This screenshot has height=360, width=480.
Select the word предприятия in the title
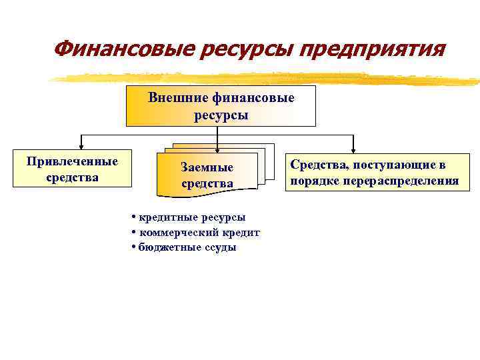click(370, 49)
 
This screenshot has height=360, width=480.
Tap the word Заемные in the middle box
click(207, 167)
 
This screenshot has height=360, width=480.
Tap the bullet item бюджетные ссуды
click(187, 247)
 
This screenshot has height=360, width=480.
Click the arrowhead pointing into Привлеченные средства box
click(81, 147)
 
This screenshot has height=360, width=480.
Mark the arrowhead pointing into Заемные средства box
click(219, 150)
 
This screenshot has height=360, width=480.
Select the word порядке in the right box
click(315, 181)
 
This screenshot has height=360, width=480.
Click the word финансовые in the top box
click(254, 98)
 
